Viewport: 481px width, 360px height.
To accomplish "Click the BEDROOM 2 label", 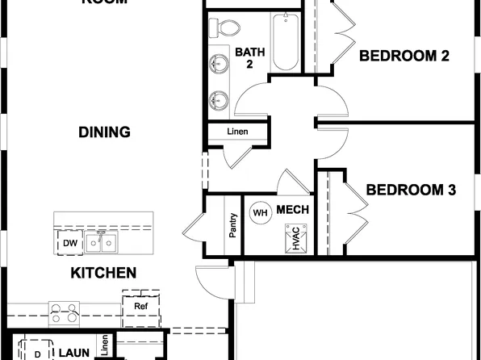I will click(x=404, y=56).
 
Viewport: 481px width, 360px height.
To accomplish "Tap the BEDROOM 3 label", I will click(x=411, y=190).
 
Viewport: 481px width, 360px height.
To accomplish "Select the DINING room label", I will click(x=105, y=132).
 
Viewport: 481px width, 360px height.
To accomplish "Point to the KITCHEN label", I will click(x=103, y=273).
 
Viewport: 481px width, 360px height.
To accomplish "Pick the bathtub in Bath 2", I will click(x=286, y=42).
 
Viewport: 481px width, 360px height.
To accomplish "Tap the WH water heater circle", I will click(x=260, y=213).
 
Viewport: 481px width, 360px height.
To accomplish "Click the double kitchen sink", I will click(x=102, y=241).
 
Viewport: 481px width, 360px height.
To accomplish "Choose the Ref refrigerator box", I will click(x=140, y=307).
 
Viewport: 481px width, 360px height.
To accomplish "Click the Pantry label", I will click(x=232, y=227).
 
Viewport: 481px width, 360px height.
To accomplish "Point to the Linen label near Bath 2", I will click(x=237, y=132).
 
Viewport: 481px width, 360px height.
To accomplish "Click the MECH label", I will click(x=292, y=210).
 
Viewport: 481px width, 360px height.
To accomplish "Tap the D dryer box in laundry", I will click(x=36, y=354).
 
